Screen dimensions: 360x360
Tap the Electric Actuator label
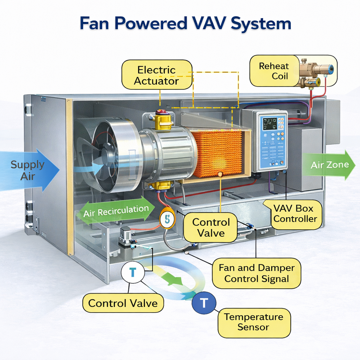(156, 75)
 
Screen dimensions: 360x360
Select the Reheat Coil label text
(274, 71)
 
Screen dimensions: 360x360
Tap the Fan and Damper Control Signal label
(256, 274)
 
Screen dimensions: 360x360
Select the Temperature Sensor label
(253, 322)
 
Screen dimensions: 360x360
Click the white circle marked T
(133, 272)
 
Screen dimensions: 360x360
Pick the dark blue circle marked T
(204, 302)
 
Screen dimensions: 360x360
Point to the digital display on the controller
(269, 124)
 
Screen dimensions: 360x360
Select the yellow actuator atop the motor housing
(163, 120)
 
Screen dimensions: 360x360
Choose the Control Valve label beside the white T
(123, 303)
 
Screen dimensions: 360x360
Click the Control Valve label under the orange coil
(211, 227)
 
